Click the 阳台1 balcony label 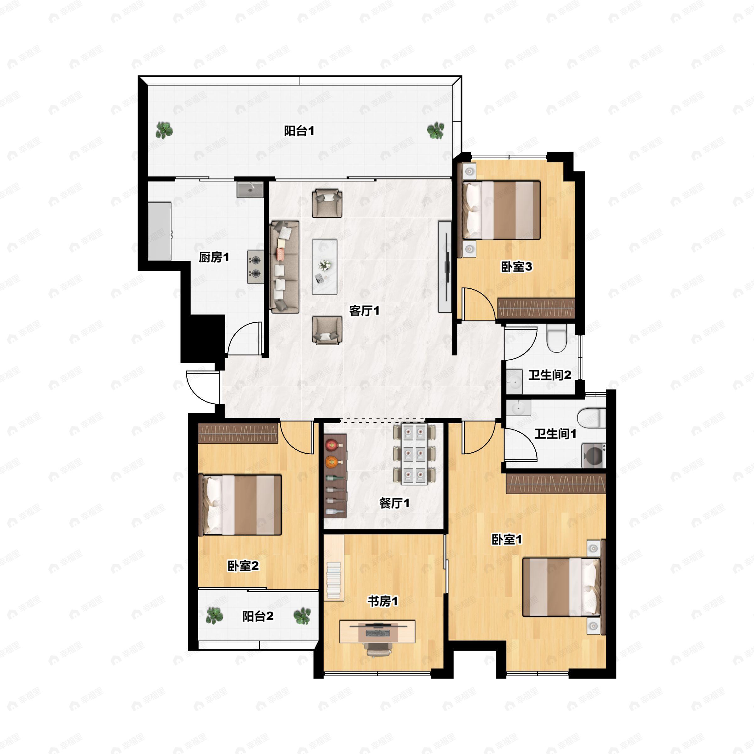click(x=299, y=131)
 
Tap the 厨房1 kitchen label click(x=214, y=257)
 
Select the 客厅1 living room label click(x=364, y=311)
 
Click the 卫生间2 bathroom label click(x=550, y=375)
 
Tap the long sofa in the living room click(x=285, y=267)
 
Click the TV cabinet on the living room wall click(x=445, y=267)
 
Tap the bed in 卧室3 click(x=501, y=210)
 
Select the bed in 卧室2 click(x=240, y=505)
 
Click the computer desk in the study click(x=377, y=631)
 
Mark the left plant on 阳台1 click(x=164, y=130)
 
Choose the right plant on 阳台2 click(x=302, y=616)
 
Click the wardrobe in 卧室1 click(x=556, y=484)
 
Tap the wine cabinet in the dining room click(x=335, y=476)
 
